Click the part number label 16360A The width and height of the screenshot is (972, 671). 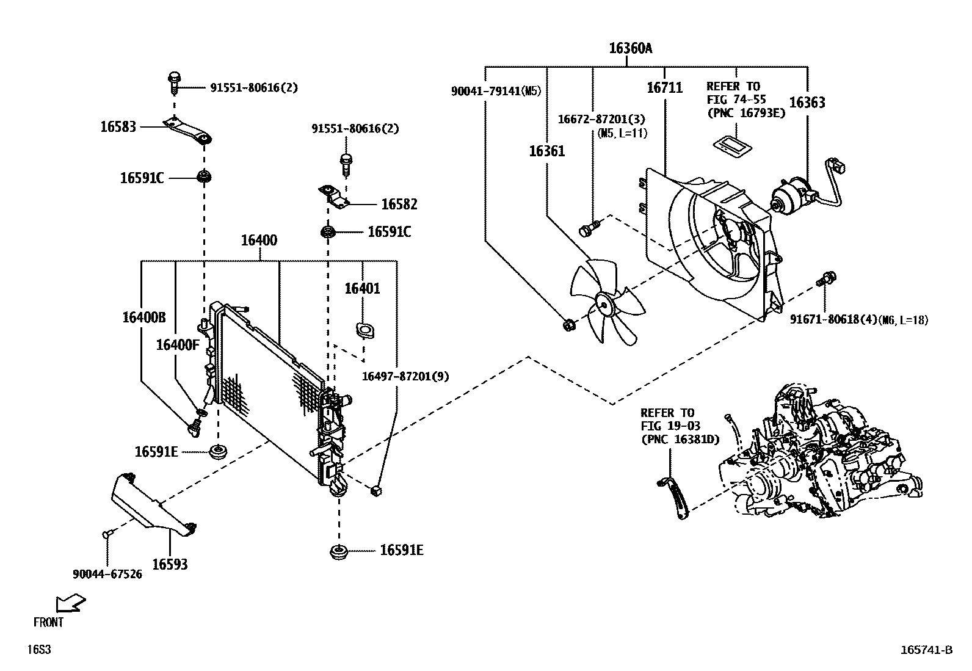[x=630, y=48]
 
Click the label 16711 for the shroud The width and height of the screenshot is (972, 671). [x=664, y=88]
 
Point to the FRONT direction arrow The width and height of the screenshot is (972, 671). [x=70, y=603]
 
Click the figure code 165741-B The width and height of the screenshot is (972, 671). [x=926, y=650]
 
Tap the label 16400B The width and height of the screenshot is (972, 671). [x=143, y=317]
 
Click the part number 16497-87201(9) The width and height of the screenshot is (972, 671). [x=405, y=377]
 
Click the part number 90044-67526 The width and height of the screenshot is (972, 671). [x=107, y=575]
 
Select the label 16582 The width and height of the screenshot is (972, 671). [x=399, y=205]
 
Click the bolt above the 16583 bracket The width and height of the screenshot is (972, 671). [x=174, y=81]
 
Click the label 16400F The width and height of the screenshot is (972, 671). [x=178, y=346]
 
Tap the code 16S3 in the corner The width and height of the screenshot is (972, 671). [x=38, y=650]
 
